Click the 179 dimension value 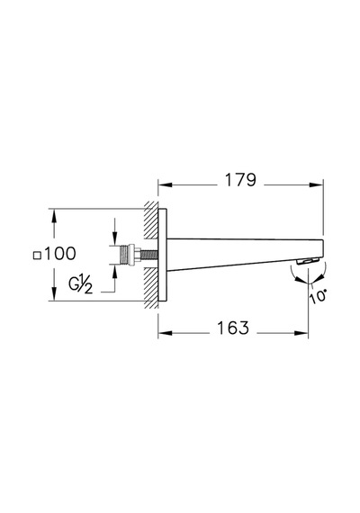(x=240, y=180)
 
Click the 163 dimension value (x=233, y=328)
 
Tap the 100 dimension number (x=60, y=254)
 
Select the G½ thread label (x=80, y=284)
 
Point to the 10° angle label (x=318, y=297)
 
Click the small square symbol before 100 (x=38, y=256)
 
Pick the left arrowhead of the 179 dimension (x=166, y=184)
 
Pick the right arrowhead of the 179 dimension (x=316, y=184)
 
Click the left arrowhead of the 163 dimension (x=166, y=333)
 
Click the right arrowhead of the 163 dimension (x=301, y=333)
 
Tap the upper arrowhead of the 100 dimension (x=54, y=216)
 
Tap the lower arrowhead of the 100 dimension (x=54, y=293)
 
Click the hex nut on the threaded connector (x=132, y=255)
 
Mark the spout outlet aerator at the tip (x=308, y=261)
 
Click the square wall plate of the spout (x=163, y=255)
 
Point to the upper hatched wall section (x=151, y=220)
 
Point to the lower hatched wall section (x=151, y=289)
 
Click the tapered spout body (x=245, y=254)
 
